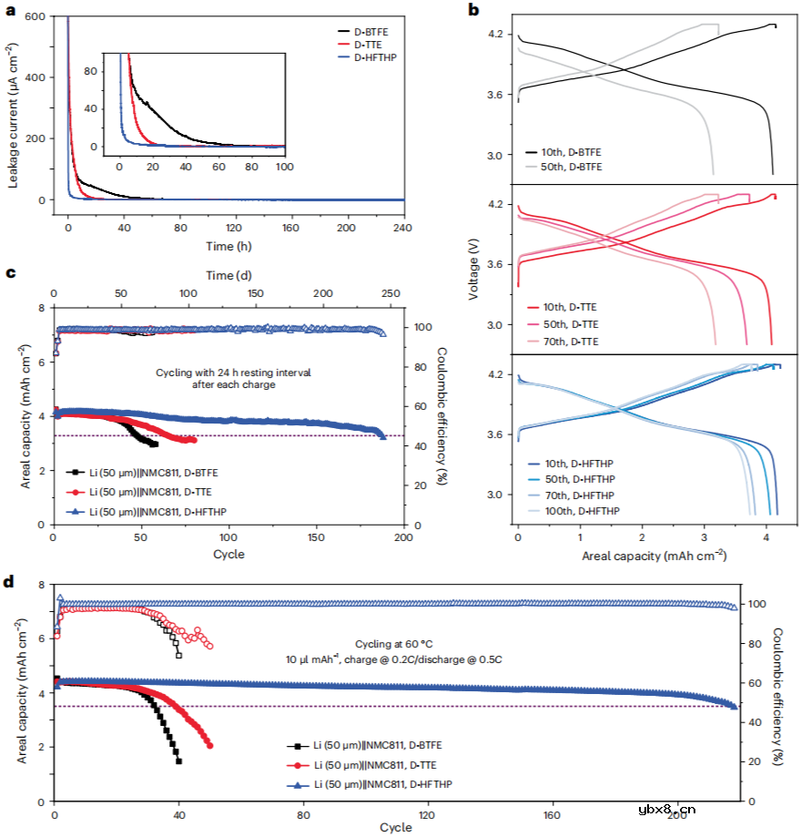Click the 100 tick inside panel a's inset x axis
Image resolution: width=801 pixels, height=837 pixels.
coord(284,168)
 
